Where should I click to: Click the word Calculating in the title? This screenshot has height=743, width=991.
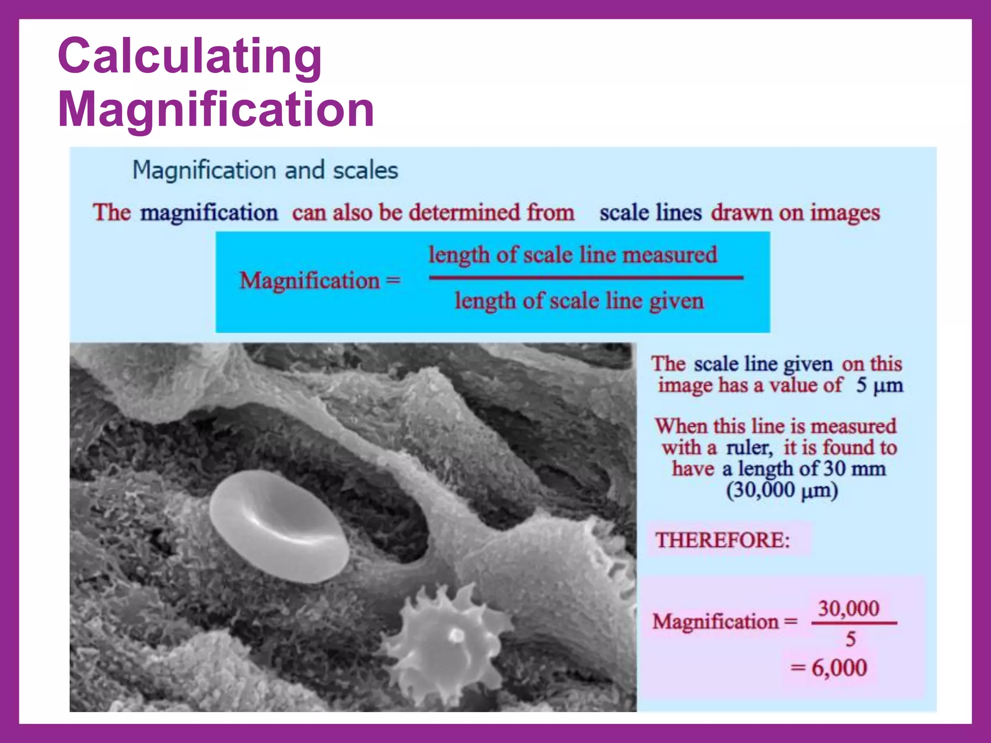coord(190,57)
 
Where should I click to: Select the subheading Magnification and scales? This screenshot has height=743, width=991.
coord(265,170)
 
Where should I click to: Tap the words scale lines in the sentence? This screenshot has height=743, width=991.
coord(650,213)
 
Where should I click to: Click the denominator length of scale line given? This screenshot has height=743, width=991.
coord(579,301)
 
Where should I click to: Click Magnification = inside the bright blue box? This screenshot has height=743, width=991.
coord(320,281)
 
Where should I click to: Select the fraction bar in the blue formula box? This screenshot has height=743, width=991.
coord(586,278)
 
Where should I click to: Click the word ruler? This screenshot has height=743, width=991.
coord(749,447)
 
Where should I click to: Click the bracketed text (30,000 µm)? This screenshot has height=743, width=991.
coord(781,490)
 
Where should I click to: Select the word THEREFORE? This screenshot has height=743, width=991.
coord(722,540)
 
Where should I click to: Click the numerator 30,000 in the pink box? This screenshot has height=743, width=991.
coord(848,608)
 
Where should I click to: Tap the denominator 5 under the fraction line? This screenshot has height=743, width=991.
coord(850,639)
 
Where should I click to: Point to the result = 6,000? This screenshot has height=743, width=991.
coord(829,668)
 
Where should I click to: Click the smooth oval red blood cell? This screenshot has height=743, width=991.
coord(279,526)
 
